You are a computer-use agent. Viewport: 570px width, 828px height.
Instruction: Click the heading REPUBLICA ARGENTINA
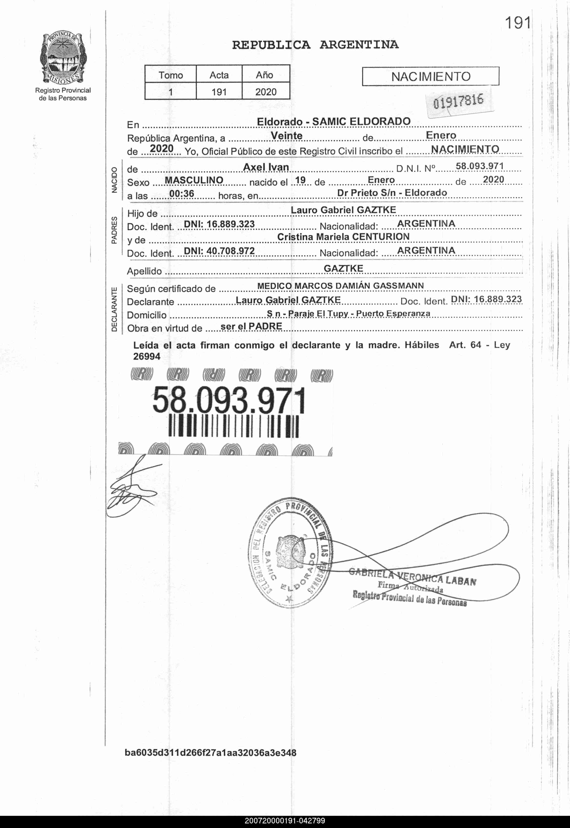(x=315, y=45)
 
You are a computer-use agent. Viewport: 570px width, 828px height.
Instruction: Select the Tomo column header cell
(x=171, y=75)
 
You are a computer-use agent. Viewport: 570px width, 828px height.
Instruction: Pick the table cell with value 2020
(x=266, y=92)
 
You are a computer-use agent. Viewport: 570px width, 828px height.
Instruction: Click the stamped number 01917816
(x=458, y=101)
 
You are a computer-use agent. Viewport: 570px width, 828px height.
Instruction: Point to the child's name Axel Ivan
(x=266, y=167)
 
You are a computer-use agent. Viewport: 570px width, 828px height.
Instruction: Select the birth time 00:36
(x=182, y=194)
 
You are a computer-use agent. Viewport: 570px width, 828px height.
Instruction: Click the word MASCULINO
(x=194, y=180)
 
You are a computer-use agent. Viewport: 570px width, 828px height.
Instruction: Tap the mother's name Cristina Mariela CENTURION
(x=343, y=237)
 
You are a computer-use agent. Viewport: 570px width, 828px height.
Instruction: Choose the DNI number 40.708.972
(x=219, y=251)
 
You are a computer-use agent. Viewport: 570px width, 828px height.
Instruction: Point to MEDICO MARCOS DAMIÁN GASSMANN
(x=340, y=286)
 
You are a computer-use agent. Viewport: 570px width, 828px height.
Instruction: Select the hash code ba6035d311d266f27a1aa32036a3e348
(x=210, y=753)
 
